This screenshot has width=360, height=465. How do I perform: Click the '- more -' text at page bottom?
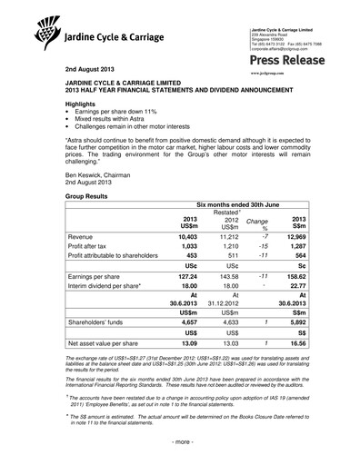coord(179,452)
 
